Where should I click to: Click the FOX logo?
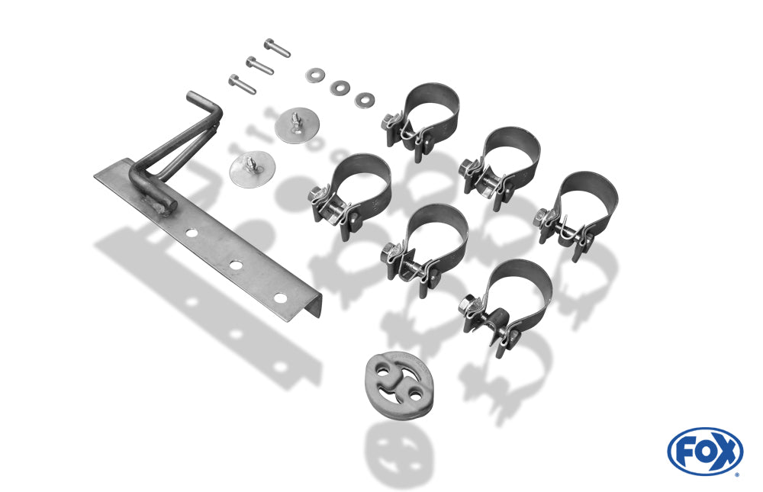[x=705, y=451]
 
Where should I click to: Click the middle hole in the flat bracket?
[x=237, y=265]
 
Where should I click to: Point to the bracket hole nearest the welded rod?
[x=192, y=233]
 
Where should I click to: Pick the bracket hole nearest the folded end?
[x=280, y=297]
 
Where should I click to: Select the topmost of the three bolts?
[x=278, y=48]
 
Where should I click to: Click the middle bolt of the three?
[x=260, y=66]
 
